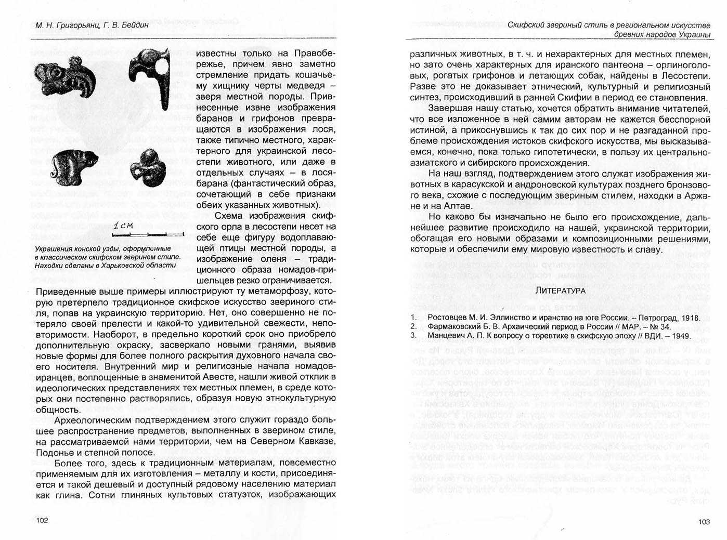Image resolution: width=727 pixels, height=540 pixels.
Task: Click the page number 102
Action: [x=42, y=521]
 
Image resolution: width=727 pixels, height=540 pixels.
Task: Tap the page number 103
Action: [x=704, y=522]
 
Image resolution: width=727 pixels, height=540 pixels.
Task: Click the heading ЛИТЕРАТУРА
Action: [x=561, y=291]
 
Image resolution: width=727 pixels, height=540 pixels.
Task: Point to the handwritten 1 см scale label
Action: [x=123, y=225]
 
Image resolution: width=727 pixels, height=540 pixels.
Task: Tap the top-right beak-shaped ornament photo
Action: [x=151, y=75]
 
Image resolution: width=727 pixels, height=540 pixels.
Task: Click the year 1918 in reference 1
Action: [x=690, y=318]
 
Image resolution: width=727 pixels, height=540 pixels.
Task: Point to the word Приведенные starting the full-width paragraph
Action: [x=68, y=291]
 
